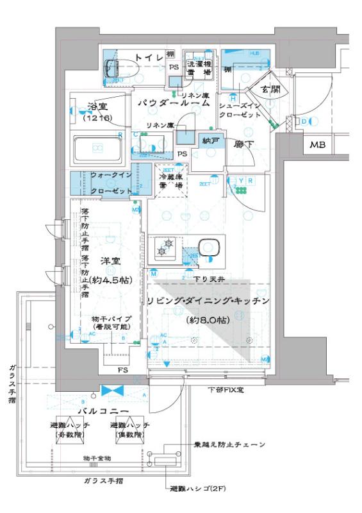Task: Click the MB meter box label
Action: tap(318, 146)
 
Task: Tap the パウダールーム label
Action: tap(172, 103)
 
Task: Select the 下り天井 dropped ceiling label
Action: tap(205, 278)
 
